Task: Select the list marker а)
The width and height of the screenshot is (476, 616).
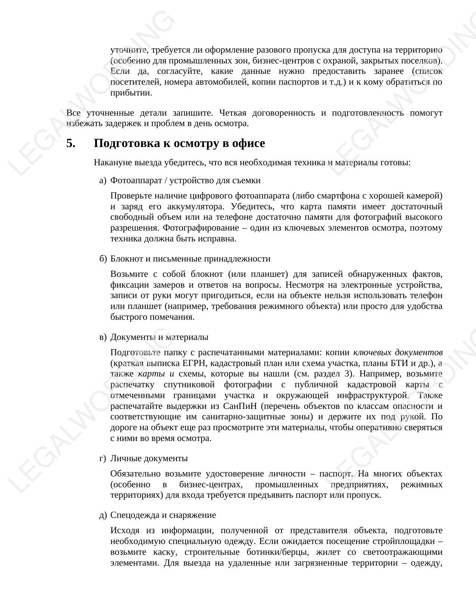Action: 103,181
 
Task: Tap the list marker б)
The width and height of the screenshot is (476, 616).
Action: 103,259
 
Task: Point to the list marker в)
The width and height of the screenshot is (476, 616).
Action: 103,337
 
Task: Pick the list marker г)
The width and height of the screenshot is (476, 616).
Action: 103,459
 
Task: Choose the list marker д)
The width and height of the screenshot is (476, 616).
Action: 103,515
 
